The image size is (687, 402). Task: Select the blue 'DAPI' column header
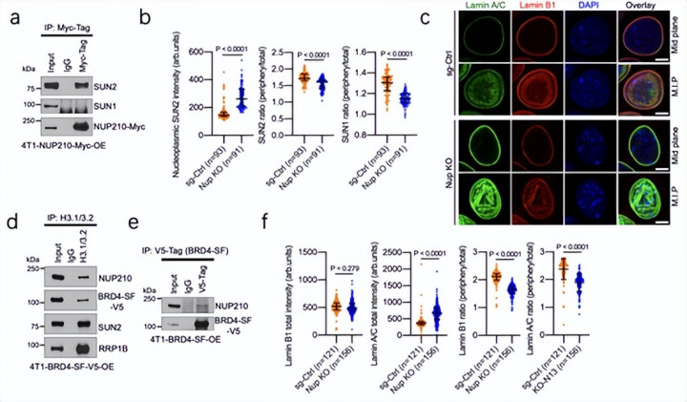coord(592,12)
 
